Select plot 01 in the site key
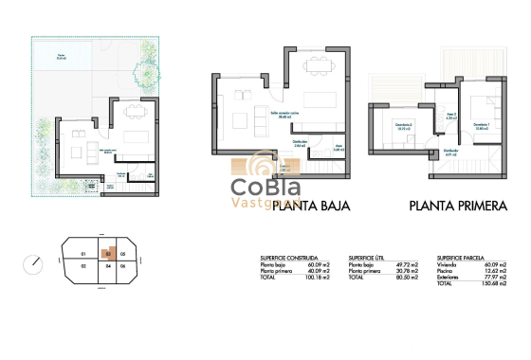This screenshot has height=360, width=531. tap(83, 255)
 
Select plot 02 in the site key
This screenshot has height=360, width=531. tap(83, 267)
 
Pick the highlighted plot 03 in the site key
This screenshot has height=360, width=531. tap(110, 254)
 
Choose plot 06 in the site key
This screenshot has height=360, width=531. tap(123, 267)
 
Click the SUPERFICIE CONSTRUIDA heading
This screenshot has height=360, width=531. tap(287, 257)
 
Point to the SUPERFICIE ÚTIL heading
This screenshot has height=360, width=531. tap(366, 257)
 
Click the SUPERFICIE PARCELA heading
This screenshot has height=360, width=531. tap(462, 257)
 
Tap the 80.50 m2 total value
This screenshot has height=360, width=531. tap(407, 278)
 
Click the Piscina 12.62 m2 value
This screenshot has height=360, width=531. tap(496, 272)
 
